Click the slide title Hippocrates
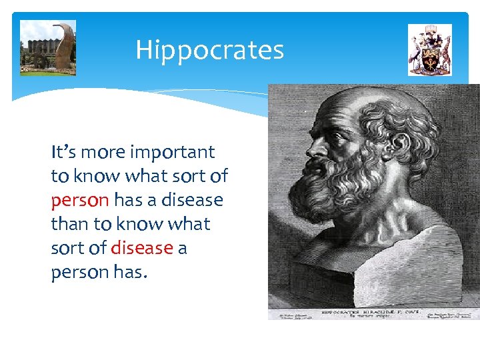pyautogui.click(x=209, y=50)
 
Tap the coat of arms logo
pyautogui.click(x=429, y=50)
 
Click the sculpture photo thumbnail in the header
pyautogui.click(x=48, y=47)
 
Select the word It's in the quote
pyautogui.click(x=63, y=152)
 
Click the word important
pyautogui.click(x=172, y=152)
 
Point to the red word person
pyautogui.click(x=79, y=200)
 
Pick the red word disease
pyautogui.click(x=141, y=248)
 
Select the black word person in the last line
pyautogui.click(x=79, y=272)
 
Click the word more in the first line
pyautogui.click(x=102, y=152)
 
